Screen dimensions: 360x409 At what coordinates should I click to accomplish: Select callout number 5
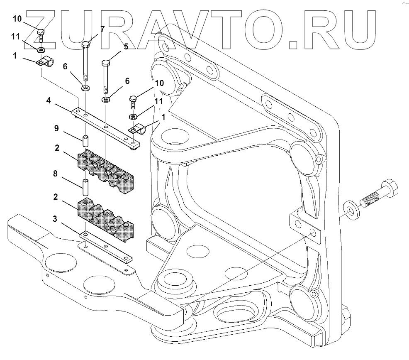tap(125, 47)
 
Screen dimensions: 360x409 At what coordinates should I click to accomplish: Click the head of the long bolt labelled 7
tap(86, 44)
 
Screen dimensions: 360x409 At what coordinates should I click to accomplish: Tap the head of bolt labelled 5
tap(105, 63)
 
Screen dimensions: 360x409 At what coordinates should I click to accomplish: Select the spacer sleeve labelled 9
tap(86, 141)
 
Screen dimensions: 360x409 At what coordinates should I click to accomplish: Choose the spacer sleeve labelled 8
tap(86, 187)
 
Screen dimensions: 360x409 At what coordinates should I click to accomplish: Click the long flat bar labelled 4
tap(106, 126)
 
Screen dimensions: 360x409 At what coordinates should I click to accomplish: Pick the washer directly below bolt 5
tap(106, 99)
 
